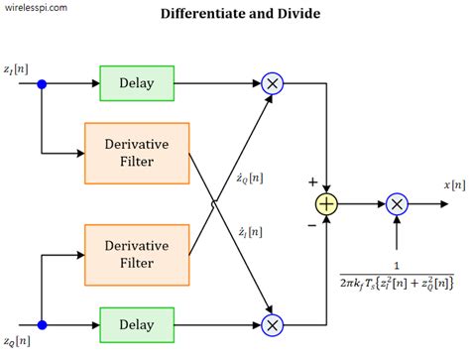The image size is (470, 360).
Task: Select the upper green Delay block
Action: tap(137, 84)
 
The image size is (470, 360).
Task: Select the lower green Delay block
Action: tap(137, 323)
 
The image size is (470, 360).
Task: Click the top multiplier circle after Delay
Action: tap(271, 84)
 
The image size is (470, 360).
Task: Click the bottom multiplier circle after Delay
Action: tap(271, 323)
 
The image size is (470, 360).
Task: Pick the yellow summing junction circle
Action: tap(326, 204)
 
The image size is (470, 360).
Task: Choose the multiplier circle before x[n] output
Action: tap(397, 204)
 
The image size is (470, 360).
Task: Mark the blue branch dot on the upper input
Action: tap(42, 85)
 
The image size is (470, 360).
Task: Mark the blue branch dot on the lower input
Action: tap(42, 323)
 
